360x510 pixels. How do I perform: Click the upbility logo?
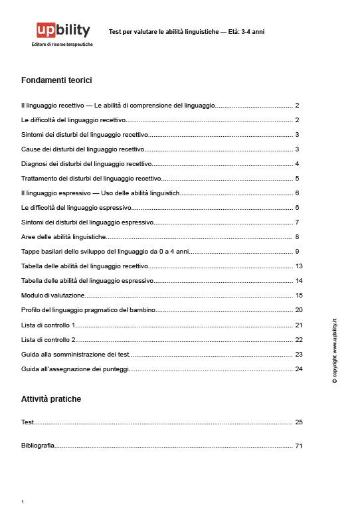(63, 30)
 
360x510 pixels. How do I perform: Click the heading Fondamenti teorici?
(56, 80)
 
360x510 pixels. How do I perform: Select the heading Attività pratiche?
(51, 399)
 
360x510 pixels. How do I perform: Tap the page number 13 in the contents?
(298, 266)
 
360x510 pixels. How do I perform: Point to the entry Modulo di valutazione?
(53, 295)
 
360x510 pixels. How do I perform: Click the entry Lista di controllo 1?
(48, 325)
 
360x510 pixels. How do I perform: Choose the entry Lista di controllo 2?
(48, 339)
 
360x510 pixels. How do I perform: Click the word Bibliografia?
(38, 446)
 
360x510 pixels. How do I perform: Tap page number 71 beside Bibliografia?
(298, 446)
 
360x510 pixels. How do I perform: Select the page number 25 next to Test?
(298, 422)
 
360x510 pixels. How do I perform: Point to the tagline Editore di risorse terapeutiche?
(62, 44)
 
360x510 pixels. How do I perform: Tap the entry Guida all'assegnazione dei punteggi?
(75, 369)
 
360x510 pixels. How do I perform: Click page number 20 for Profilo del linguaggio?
(298, 310)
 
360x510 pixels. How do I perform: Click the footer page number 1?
(23, 502)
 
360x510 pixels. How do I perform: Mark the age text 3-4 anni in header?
(253, 31)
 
